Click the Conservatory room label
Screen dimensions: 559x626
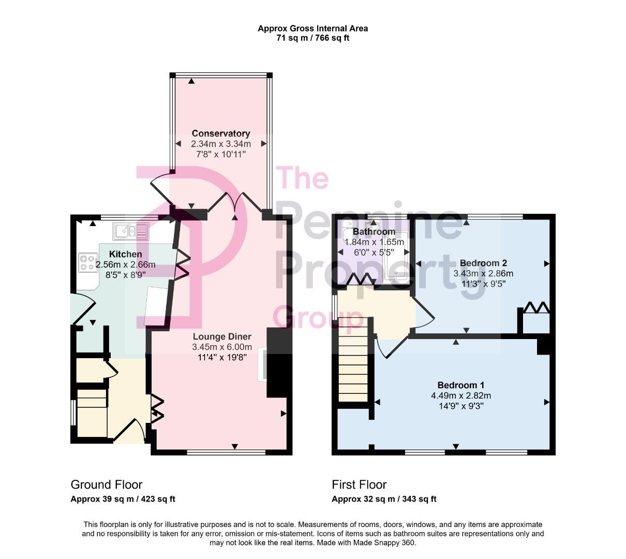point(221,134)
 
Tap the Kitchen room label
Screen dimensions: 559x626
point(125,254)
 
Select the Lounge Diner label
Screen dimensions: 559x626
point(221,337)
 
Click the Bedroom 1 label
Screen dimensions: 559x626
point(460,385)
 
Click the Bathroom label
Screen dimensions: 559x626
point(374,232)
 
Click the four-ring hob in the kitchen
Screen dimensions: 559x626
point(88,263)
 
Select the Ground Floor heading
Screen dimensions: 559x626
point(106,484)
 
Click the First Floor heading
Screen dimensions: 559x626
point(359,484)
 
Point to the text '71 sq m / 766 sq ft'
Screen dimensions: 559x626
point(312,38)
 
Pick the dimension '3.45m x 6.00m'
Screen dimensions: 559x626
point(221,347)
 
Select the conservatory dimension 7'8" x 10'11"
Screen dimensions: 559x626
point(221,154)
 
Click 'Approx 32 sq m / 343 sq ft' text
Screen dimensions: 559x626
point(384,499)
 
